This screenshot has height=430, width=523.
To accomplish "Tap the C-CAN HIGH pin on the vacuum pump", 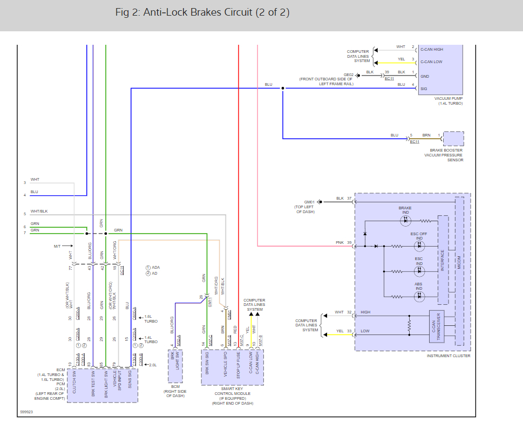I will [x=431, y=50].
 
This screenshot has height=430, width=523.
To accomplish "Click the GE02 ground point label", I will [x=349, y=75].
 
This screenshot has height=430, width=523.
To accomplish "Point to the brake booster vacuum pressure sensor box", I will [x=453, y=139].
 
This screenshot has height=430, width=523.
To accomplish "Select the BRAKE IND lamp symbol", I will [x=405, y=220].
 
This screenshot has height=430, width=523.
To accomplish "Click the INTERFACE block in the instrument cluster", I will [x=443, y=260].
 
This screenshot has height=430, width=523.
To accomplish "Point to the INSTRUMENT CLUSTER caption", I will [x=448, y=356].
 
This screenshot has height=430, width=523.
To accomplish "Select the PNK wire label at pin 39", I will [x=339, y=243].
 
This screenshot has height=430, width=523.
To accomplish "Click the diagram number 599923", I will [x=27, y=412].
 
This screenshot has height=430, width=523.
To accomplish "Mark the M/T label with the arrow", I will [x=57, y=246].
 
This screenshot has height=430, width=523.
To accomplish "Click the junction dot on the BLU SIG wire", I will [x=282, y=88].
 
